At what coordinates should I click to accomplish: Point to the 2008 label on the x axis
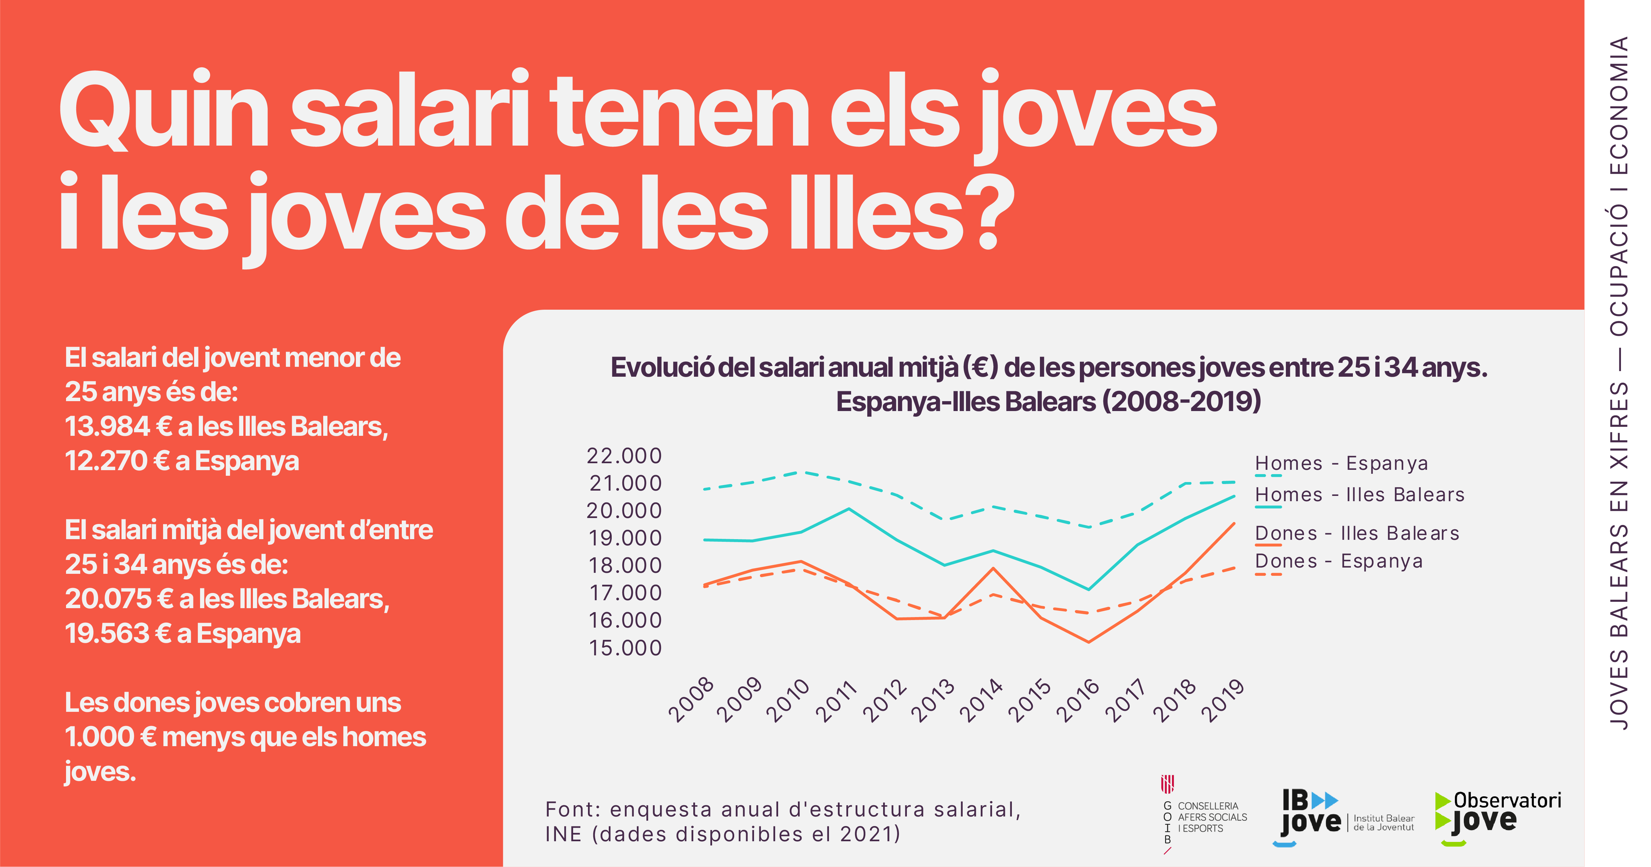[691, 700]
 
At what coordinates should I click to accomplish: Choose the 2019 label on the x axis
[1222, 700]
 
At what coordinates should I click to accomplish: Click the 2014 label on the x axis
[981, 700]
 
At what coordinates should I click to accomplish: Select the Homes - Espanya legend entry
[1341, 463]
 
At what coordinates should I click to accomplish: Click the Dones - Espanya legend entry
[1338, 561]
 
